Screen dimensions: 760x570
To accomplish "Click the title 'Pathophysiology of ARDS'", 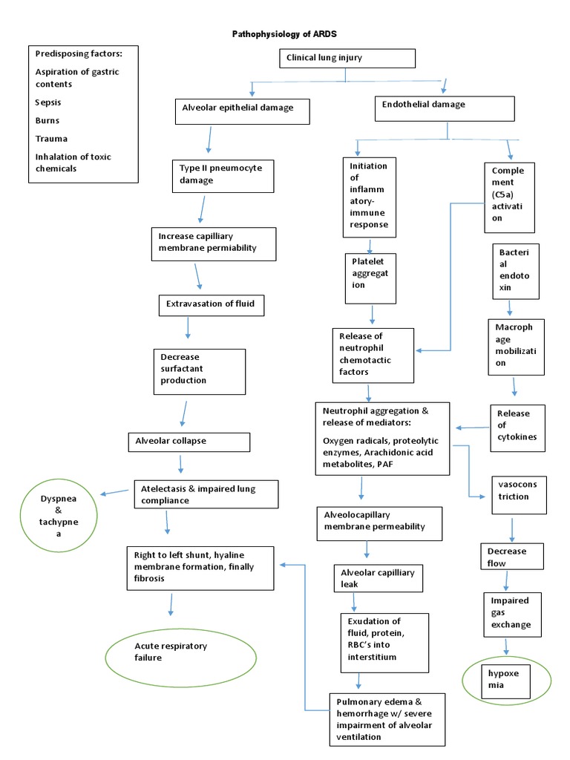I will click(284, 34).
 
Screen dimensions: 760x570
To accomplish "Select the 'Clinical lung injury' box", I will click(346, 58).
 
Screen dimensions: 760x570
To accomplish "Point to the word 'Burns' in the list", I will click(47, 120).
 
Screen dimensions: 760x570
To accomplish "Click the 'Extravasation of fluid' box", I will click(211, 304).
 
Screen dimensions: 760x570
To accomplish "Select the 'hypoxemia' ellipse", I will click(505, 679).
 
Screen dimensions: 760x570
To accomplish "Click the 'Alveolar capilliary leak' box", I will click(377, 579).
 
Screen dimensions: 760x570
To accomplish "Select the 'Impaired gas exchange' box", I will click(511, 612).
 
